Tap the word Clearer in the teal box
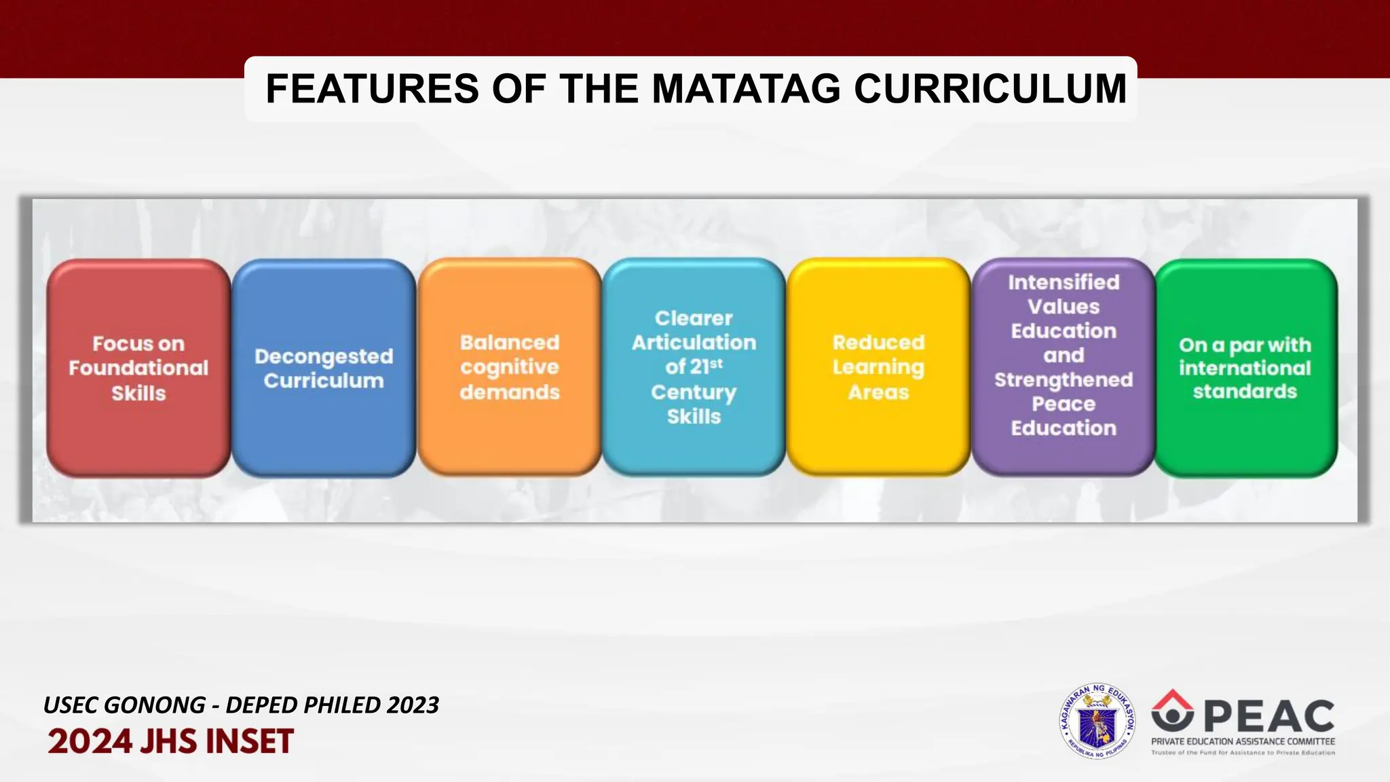coord(693,318)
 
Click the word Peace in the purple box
coord(1063,404)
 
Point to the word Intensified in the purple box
coord(1063,282)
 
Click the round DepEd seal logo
coord(1097,720)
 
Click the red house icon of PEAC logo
coord(1172,709)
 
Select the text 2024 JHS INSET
coord(170,741)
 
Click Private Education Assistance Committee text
coord(1243,741)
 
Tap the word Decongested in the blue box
coord(323,356)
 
